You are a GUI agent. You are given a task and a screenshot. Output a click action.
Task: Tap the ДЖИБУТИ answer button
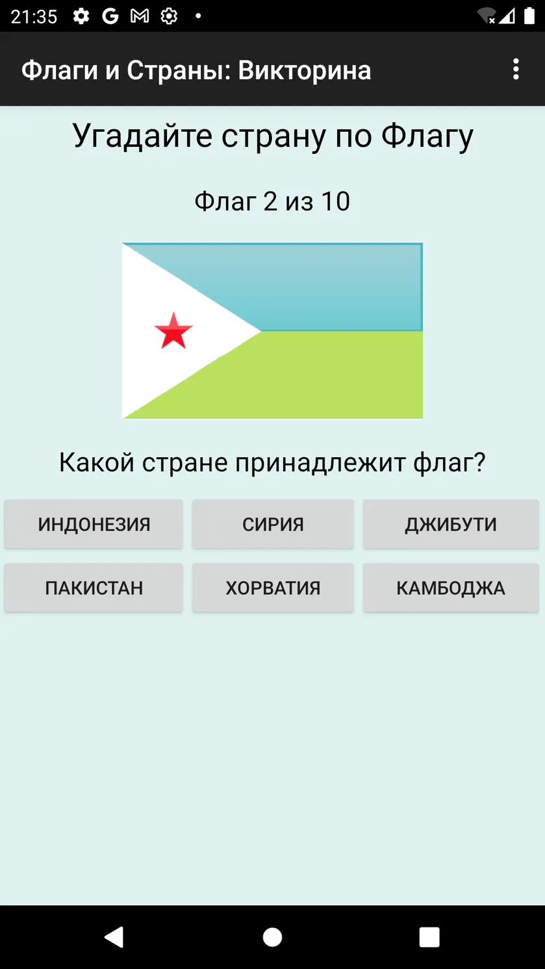tap(451, 524)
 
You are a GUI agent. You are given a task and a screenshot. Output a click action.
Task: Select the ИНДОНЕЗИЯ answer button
tap(94, 524)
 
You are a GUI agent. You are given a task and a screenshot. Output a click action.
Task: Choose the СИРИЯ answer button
tap(273, 524)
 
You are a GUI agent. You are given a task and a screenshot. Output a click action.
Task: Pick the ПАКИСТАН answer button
tap(94, 588)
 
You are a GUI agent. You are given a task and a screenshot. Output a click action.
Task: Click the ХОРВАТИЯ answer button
tap(273, 588)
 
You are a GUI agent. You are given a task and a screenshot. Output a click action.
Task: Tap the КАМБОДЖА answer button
tap(451, 588)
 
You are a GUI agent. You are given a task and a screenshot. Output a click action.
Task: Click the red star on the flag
tap(173, 331)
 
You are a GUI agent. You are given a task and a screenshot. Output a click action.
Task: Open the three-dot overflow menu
tap(516, 69)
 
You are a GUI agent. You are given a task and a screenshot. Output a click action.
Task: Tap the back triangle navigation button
tap(114, 937)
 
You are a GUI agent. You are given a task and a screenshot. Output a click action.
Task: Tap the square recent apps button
tap(429, 937)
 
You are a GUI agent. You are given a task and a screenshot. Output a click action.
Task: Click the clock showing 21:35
tap(34, 17)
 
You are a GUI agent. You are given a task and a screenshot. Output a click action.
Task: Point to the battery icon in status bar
tap(529, 16)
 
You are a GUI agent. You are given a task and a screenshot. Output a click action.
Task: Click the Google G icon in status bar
tap(110, 16)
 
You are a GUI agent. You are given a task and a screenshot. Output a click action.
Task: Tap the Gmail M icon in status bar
tap(140, 16)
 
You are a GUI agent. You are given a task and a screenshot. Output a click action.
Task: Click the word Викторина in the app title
tap(305, 70)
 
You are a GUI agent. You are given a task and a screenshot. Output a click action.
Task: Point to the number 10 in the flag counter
tap(336, 201)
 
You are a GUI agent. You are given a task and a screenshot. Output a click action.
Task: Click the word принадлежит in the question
tap(320, 462)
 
